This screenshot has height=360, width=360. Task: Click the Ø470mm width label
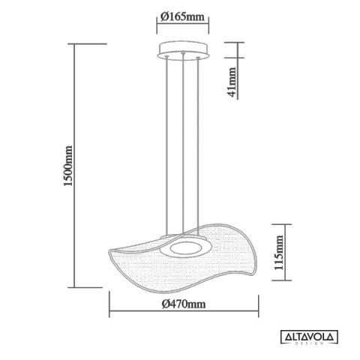(184, 304)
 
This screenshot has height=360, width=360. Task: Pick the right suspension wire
(199, 150)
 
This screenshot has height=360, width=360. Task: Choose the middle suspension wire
(183, 150)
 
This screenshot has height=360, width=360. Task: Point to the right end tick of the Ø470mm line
(259, 313)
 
